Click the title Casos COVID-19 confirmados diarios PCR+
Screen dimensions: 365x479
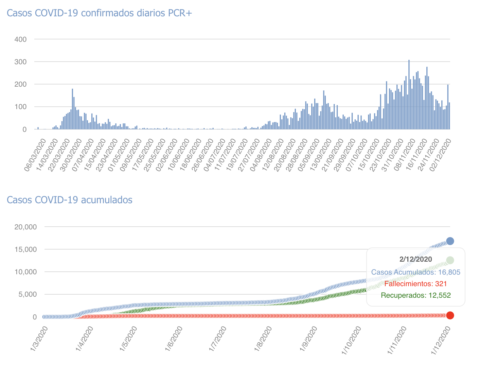coord(99,13)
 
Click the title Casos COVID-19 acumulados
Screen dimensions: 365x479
coord(70,200)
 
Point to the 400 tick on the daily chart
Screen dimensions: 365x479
coord(20,39)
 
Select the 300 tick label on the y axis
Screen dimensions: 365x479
coord(20,62)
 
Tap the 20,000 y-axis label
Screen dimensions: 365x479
coord(25,227)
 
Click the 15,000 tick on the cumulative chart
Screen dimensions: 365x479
coord(25,249)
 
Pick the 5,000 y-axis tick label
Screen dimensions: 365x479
coord(28,294)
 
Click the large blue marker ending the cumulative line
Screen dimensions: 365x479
coord(450,241)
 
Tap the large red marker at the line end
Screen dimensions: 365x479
coord(450,315)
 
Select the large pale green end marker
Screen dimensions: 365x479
coord(450,260)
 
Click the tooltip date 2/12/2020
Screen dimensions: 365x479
coord(416,259)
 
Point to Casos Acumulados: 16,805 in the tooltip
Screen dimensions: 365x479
coord(416,272)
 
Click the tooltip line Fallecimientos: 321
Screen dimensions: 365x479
coord(416,284)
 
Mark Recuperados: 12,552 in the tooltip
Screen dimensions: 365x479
coord(416,295)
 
